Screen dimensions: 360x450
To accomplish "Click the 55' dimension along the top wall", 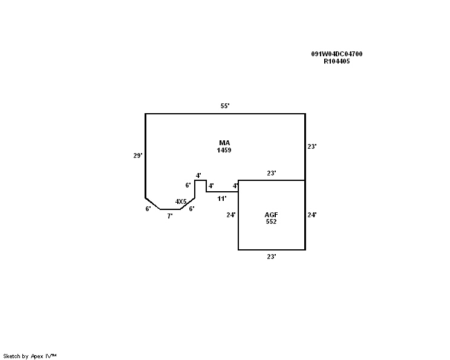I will (x=224, y=106).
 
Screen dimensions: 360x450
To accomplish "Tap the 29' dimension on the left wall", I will (x=137, y=155).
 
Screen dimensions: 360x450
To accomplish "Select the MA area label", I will (x=224, y=143).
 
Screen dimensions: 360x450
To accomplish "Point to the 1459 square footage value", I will (x=224, y=149).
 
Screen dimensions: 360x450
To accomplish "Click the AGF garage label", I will (x=271, y=215).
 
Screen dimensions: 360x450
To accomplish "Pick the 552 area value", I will (x=271, y=222).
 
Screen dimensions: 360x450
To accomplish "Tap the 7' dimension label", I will (x=170, y=215).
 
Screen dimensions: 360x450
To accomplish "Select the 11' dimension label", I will (x=221, y=198).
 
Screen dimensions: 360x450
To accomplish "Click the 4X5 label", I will (x=181, y=201).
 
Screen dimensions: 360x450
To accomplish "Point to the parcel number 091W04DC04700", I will (x=337, y=54).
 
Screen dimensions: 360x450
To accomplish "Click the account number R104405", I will (x=337, y=61).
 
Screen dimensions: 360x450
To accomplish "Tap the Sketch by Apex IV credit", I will (x=30, y=356).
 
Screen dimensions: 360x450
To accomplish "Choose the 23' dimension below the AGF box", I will (x=272, y=257).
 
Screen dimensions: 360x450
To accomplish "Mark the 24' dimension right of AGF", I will (x=312, y=215).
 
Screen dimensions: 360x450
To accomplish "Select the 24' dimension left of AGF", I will (x=230, y=215).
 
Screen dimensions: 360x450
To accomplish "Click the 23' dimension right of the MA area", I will (x=312, y=146).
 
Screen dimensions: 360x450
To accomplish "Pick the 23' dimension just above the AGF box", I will (x=272, y=174).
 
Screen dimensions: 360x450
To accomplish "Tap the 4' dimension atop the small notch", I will (x=198, y=175).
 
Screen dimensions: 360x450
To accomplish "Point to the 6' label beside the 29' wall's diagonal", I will (x=148, y=209).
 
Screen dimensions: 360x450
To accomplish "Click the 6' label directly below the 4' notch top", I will (x=188, y=185).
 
